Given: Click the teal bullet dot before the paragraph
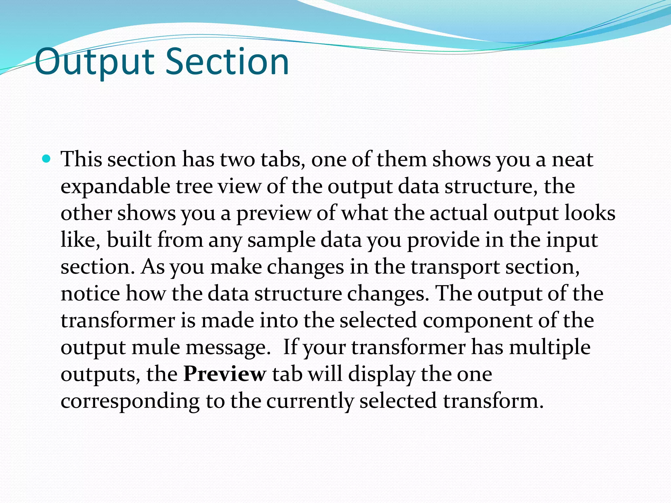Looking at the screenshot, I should [47, 159].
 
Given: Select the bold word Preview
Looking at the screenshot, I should [224, 374].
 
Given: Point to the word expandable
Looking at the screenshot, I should [115, 187].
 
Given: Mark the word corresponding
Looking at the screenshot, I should [130, 401].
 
